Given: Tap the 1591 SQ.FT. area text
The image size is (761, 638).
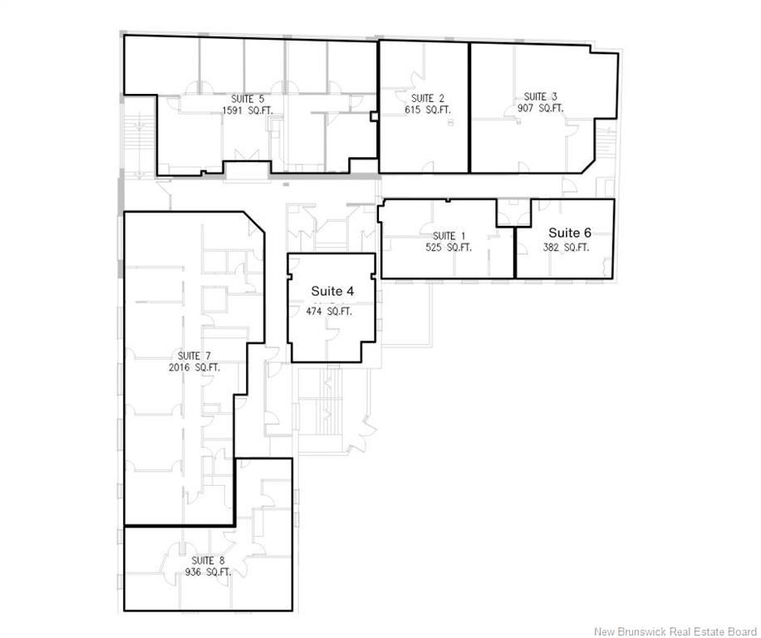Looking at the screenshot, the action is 248,110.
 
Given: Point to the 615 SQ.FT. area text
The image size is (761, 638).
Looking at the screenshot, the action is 428,110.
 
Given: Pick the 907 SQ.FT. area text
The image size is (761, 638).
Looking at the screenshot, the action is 540,108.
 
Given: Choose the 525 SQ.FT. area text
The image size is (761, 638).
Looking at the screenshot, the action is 449,248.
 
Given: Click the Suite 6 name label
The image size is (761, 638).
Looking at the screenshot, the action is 570,233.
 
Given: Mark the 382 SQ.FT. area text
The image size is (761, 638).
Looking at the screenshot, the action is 566,248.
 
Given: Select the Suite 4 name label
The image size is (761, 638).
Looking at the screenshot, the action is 332,291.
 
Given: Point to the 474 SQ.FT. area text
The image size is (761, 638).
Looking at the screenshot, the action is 328,312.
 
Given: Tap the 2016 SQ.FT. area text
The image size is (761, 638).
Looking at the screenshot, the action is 194,367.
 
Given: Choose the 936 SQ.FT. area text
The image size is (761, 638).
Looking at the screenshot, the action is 209,572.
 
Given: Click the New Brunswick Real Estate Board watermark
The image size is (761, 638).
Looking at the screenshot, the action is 675,631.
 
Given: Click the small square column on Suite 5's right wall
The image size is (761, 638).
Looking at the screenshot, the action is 373,116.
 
